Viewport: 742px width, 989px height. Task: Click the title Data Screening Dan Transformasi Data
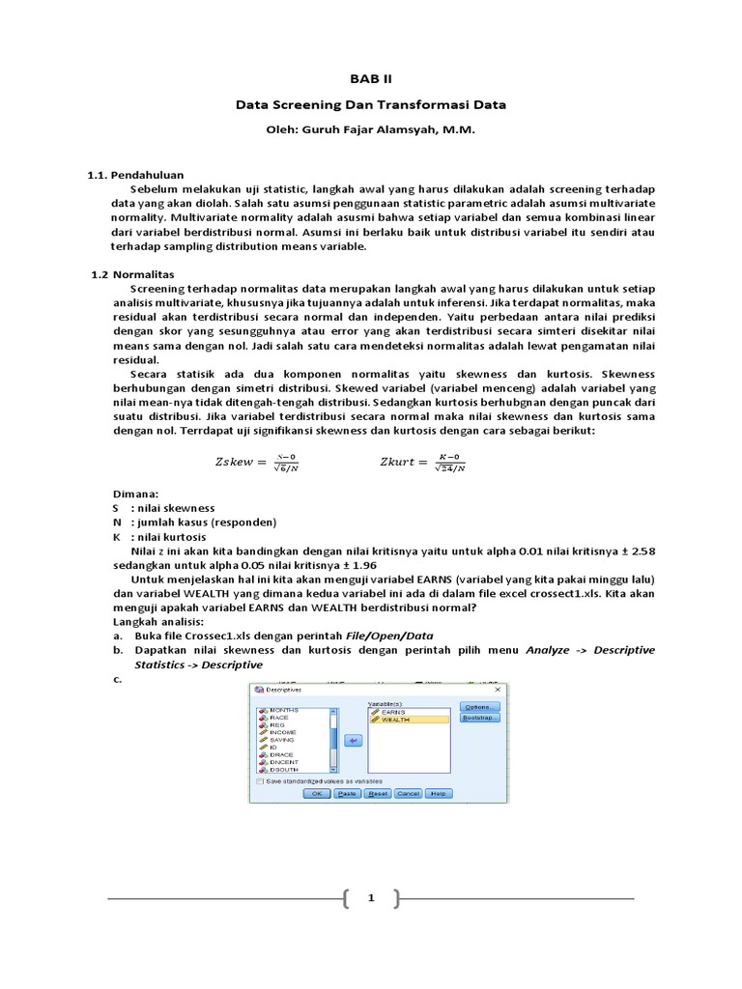371,104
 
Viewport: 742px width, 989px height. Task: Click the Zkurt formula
423,463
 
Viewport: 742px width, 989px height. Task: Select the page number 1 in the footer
370,899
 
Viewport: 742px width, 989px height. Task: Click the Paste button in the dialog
346,793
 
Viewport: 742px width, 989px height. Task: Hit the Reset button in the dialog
377,793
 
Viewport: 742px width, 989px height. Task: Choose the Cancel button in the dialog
408,793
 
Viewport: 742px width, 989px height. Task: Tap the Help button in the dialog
439,793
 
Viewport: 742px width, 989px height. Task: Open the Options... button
480,707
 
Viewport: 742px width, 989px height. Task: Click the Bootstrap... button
480,719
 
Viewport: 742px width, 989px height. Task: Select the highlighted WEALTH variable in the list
398,720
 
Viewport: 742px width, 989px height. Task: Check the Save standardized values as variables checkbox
260,780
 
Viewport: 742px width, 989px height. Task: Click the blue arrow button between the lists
353,741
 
